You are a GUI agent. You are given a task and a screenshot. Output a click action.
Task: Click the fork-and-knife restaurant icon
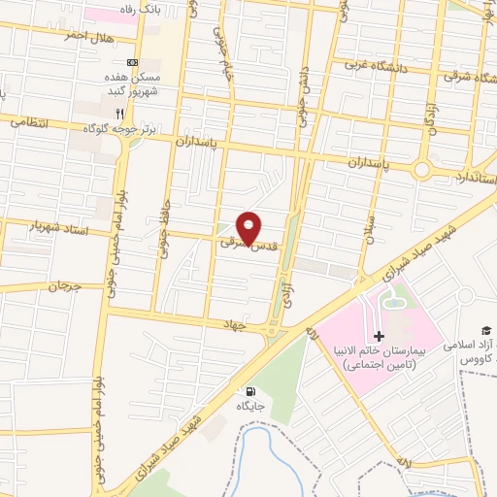(147, 114)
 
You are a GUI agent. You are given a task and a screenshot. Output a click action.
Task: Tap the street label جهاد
(254, 327)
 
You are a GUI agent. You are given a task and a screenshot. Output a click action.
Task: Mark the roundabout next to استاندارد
(422, 169)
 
